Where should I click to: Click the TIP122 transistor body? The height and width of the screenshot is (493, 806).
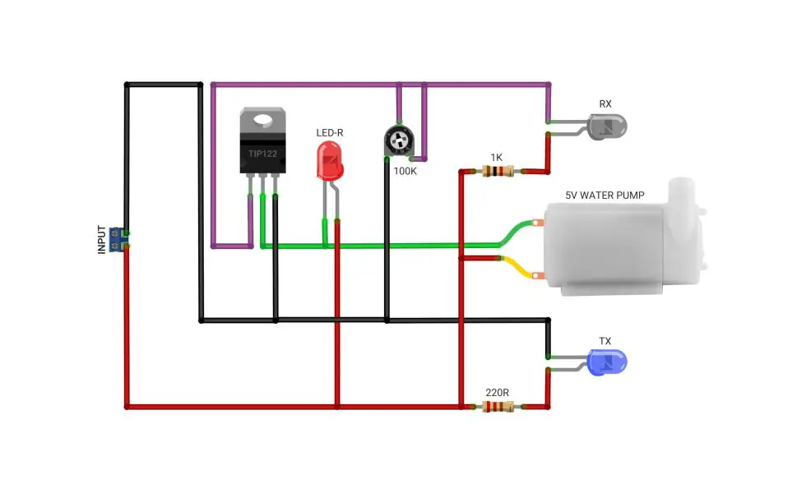(262, 141)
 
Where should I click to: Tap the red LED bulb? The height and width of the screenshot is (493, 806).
(330, 161)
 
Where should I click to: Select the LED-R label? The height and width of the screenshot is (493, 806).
(330, 132)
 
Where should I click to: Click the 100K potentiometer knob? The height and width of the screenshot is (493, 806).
(399, 140)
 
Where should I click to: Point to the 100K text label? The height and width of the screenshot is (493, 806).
(405, 171)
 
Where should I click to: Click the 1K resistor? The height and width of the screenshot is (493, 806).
(498, 171)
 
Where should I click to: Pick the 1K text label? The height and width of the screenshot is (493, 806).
(496, 157)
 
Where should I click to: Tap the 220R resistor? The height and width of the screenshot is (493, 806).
(498, 407)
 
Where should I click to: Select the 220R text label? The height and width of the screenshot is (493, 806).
(497, 393)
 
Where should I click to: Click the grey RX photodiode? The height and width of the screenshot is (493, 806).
(607, 127)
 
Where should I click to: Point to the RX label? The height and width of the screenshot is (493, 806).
(605, 104)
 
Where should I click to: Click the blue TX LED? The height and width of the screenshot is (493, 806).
(607, 362)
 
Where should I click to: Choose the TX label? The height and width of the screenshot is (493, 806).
(605, 341)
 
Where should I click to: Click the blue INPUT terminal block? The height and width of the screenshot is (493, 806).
(117, 240)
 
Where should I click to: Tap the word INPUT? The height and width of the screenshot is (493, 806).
(101, 240)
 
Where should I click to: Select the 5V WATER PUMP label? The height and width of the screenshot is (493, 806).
(604, 196)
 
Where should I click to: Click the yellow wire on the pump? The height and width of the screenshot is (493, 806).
(519, 267)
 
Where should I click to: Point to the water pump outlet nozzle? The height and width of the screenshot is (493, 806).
(682, 191)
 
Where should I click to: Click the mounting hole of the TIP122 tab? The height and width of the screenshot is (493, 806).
(262, 120)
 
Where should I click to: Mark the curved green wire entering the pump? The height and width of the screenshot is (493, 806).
(516, 233)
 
